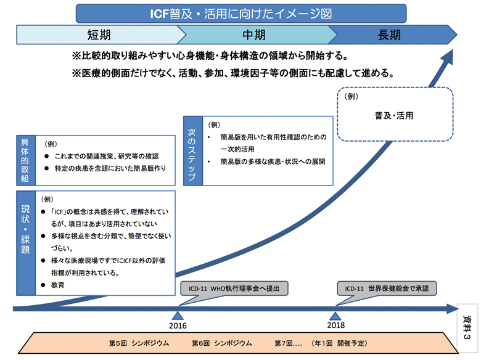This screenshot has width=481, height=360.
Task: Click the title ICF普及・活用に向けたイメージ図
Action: pyautogui.click(x=241, y=12)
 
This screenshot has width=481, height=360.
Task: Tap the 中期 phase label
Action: pyautogui.click(x=254, y=35)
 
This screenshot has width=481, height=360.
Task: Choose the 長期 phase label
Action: pyautogui.click(x=390, y=35)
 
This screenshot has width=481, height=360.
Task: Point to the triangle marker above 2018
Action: pyautogui.click(x=336, y=301)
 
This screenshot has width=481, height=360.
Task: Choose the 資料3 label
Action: pyautogui.click(x=467, y=329)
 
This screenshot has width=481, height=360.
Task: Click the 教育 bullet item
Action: pyautogui.click(x=59, y=285)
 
